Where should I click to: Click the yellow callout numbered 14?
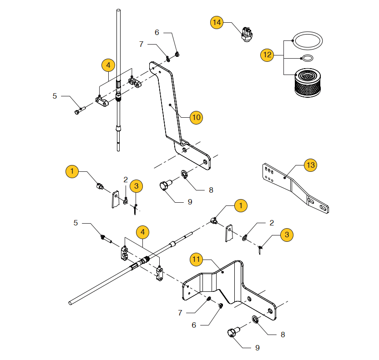(x=217, y=22)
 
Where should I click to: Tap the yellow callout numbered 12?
(x=267, y=55)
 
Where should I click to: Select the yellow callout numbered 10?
(x=196, y=117)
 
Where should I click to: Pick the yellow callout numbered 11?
(x=196, y=259)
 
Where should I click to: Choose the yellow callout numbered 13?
(x=310, y=165)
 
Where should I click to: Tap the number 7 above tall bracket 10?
(x=141, y=44)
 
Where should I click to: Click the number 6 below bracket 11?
(x=194, y=325)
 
